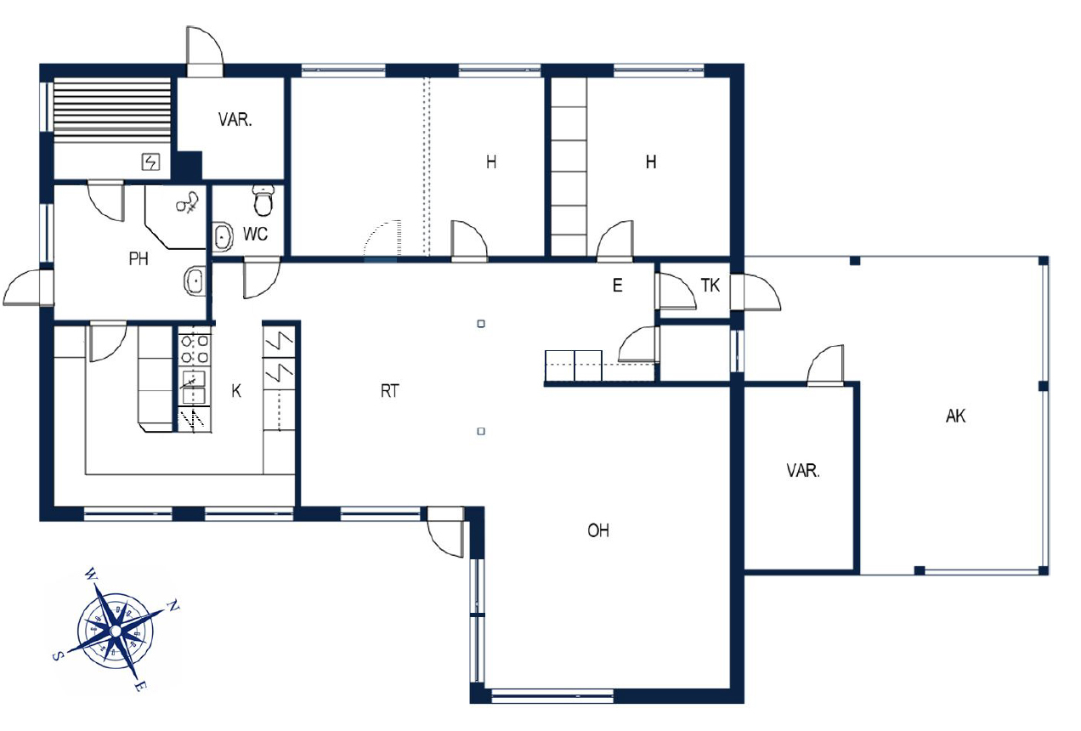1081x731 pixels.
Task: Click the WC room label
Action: [255, 234]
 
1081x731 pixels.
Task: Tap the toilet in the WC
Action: [263, 201]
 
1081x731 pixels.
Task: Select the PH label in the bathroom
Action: [139, 259]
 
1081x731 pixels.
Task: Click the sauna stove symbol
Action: [150, 161]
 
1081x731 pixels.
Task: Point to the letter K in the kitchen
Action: [236, 391]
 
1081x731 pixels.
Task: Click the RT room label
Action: [390, 391]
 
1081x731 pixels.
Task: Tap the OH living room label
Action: [598, 531]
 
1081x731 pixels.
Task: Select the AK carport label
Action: [955, 416]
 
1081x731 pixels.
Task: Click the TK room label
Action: [710, 286]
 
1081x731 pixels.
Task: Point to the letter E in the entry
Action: [617, 286]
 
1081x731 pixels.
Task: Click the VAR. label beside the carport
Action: [803, 471]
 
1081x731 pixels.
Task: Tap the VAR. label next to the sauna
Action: [235, 120]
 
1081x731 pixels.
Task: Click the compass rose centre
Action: [116, 631]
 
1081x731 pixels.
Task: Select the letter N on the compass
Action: [173, 605]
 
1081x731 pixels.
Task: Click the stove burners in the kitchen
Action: [194, 349]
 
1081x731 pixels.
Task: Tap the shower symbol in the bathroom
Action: [188, 203]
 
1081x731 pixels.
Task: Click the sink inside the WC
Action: [222, 236]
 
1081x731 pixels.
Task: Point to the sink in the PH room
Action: [195, 280]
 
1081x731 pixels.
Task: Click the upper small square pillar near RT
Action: [481, 324]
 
